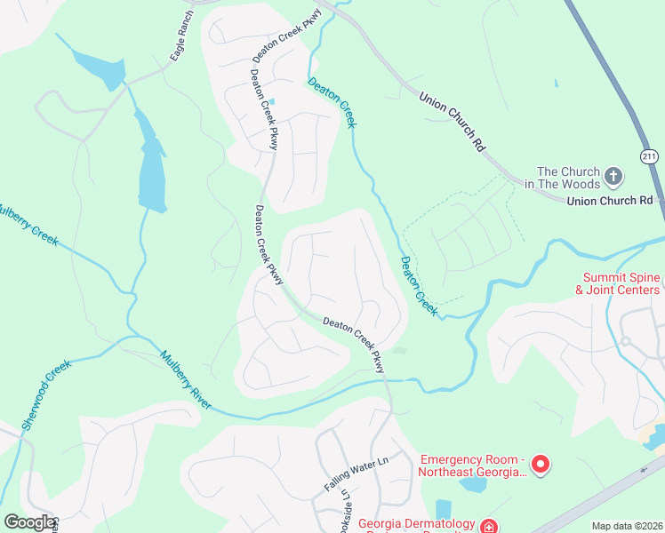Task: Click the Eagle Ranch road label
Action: (x=181, y=38)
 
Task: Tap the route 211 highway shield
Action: (x=650, y=156)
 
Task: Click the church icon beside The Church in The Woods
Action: (x=613, y=178)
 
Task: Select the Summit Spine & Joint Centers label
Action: (x=621, y=283)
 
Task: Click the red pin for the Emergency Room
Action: (x=539, y=463)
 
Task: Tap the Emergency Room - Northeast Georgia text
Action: (x=473, y=465)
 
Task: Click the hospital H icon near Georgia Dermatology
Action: (x=488, y=526)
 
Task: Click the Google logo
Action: (x=28, y=522)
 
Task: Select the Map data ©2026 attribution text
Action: (x=627, y=526)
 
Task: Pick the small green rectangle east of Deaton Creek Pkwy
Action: (x=399, y=351)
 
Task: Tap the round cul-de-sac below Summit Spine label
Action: (x=626, y=341)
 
